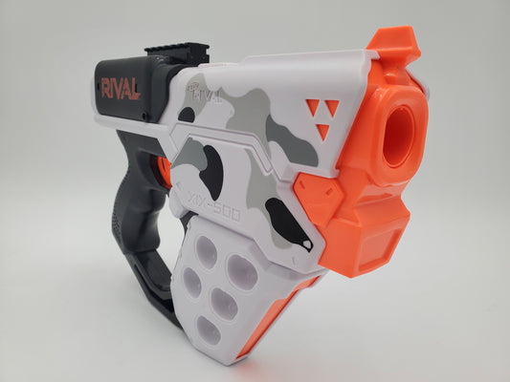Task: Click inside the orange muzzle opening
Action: pos(399,128)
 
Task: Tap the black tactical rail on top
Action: pos(177,53)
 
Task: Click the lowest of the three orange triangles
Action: pos(322,131)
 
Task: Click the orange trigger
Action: pos(165,170)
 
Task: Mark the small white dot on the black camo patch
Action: pos(305,246)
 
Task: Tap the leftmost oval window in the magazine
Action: pos(192,282)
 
